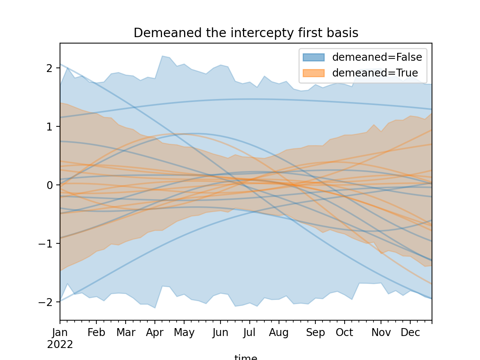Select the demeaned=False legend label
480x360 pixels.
(377, 57)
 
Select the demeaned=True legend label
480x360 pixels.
(375, 73)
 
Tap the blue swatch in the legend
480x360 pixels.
(313, 57)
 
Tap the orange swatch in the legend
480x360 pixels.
(313, 73)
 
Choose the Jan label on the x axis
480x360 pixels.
(60, 333)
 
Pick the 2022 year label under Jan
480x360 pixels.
(60, 345)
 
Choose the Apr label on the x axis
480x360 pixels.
(155, 333)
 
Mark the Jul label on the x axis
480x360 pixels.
(249, 333)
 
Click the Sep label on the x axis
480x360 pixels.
(315, 333)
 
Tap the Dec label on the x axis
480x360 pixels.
(410, 333)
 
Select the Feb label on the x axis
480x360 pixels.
(96, 333)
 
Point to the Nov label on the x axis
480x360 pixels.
(381, 333)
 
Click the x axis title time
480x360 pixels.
(246, 357)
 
